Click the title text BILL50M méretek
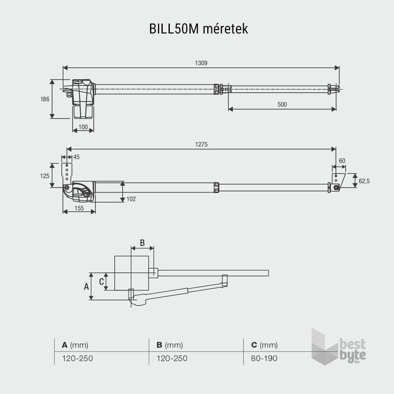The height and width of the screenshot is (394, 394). pyautogui.click(x=199, y=29)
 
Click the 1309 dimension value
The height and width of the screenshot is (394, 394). pyautogui.click(x=201, y=63)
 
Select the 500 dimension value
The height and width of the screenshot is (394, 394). pyautogui.click(x=282, y=104)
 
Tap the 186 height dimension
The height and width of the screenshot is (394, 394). pyautogui.click(x=45, y=99)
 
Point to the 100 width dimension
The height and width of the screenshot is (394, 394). pyautogui.click(x=83, y=127)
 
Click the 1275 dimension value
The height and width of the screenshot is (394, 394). pyautogui.click(x=201, y=145)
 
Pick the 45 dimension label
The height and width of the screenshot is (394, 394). pyautogui.click(x=76, y=157)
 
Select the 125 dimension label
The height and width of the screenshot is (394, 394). pyautogui.click(x=45, y=176)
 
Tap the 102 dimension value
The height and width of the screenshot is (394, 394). pyautogui.click(x=131, y=199)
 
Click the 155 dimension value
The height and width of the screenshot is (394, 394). pyautogui.click(x=79, y=208)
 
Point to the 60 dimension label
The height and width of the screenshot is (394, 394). pyautogui.click(x=342, y=160)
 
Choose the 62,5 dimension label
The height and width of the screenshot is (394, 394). pyautogui.click(x=364, y=181)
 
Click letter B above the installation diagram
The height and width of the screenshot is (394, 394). pyautogui.click(x=142, y=242)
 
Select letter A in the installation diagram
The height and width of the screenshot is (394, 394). pyautogui.click(x=86, y=286)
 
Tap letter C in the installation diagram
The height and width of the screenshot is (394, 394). pyautogui.click(x=101, y=282)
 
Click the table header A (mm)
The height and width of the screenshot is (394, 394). pyautogui.click(x=75, y=345)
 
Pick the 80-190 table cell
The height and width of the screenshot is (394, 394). pyautogui.click(x=264, y=359)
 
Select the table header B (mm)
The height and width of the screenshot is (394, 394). pyautogui.click(x=169, y=345)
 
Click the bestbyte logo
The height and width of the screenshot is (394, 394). pyautogui.click(x=339, y=347)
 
